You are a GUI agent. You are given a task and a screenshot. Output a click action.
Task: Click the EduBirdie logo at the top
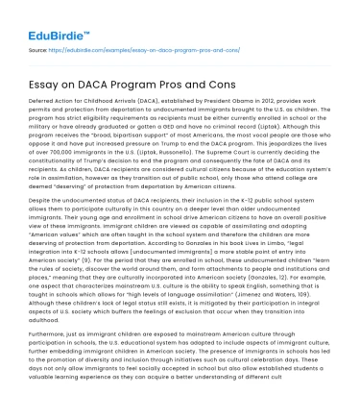point(43,21)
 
